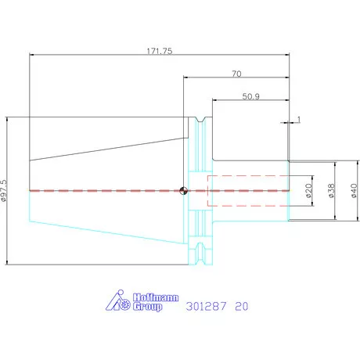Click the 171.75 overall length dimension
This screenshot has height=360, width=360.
pos(160,51)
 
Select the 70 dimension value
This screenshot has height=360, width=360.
pos(236,74)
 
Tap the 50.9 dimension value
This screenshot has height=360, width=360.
pos(251,96)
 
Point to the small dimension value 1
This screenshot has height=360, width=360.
pos(299,120)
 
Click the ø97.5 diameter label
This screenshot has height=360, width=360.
pos(4,191)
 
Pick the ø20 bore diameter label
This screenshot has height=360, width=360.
pos(308,191)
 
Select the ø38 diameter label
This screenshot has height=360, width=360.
pos(331,191)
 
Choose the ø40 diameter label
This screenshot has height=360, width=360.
pos(354,191)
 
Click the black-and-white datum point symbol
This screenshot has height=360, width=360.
pos(183,191)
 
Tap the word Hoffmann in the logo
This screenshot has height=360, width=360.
pos(156,297)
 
